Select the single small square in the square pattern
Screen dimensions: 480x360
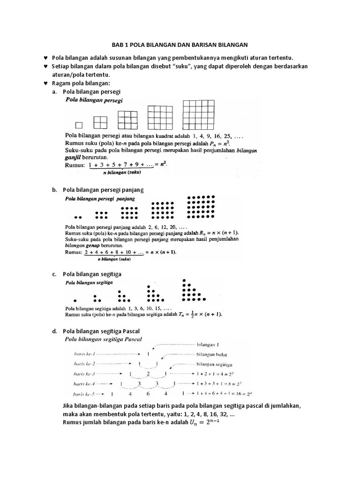pyautogui.click(x=79, y=125)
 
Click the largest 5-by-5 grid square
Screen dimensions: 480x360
pyautogui.click(x=193, y=115)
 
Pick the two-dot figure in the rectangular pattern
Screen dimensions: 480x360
pyautogui.click(x=78, y=217)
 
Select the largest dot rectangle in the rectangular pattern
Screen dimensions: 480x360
pyautogui.click(x=201, y=207)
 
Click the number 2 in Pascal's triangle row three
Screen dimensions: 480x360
pyautogui.click(x=148, y=374)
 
